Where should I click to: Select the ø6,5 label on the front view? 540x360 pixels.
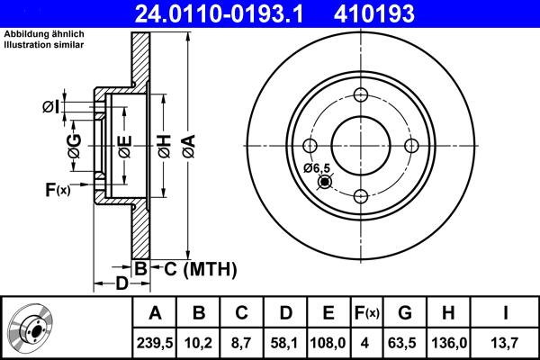coord(318,168)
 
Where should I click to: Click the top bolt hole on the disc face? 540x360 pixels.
coord(361,97)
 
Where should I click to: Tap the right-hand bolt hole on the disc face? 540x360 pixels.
coord(411,147)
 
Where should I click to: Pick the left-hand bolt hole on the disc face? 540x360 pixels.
coord(310,147)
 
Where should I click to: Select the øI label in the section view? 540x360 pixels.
coord(51,107)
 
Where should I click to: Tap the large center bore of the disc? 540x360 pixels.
coord(361,147)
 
